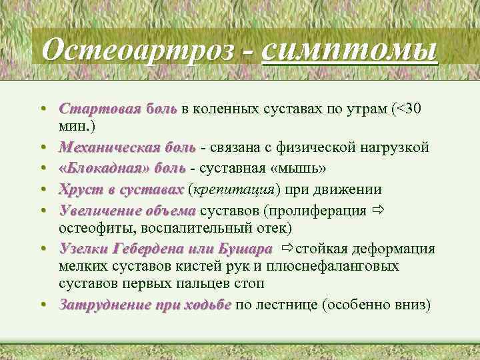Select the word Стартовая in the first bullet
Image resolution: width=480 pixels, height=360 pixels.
pos(93,109)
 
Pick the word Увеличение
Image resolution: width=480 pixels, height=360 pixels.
pos(98,211)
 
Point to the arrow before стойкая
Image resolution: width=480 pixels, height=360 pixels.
pos(287,249)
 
